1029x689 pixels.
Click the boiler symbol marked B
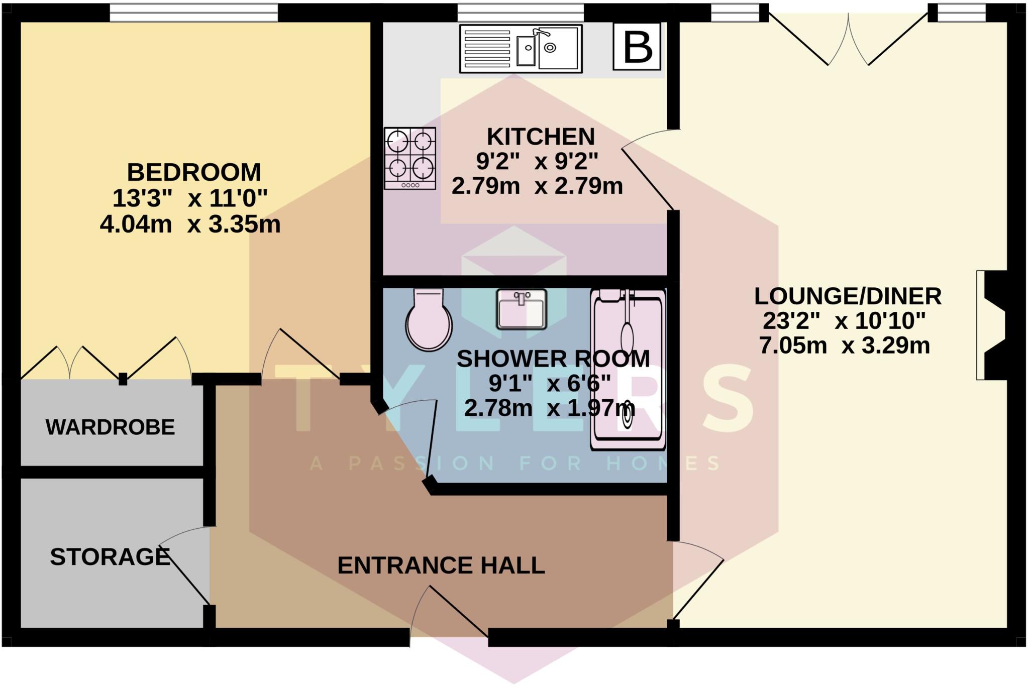[637, 47]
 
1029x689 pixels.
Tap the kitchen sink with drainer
[521, 48]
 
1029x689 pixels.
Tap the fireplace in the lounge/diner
[993, 325]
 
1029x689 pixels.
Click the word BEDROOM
[193, 172]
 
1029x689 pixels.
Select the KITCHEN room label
[541, 137]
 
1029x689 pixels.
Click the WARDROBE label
[110, 427]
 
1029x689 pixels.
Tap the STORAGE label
[110, 556]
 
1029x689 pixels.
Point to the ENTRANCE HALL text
[441, 565]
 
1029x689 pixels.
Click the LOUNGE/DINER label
[847, 296]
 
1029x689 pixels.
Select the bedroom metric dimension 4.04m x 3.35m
[190, 224]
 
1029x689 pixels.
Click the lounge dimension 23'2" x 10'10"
[844, 321]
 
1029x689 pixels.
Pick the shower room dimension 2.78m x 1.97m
[549, 408]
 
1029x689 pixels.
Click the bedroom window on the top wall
[193, 12]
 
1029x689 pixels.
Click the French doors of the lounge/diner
[848, 40]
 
